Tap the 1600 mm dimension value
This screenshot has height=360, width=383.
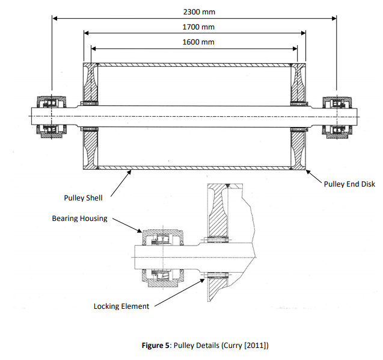tap(198, 42)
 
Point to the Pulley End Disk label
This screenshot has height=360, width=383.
tap(349, 184)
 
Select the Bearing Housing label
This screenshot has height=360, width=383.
tap(79, 219)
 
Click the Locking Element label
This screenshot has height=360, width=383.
tap(121, 306)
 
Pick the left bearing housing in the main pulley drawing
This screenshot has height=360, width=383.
tap(49, 116)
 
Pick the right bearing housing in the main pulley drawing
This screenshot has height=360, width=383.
tap(334, 116)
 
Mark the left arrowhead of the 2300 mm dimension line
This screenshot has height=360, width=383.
tap(55, 19)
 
